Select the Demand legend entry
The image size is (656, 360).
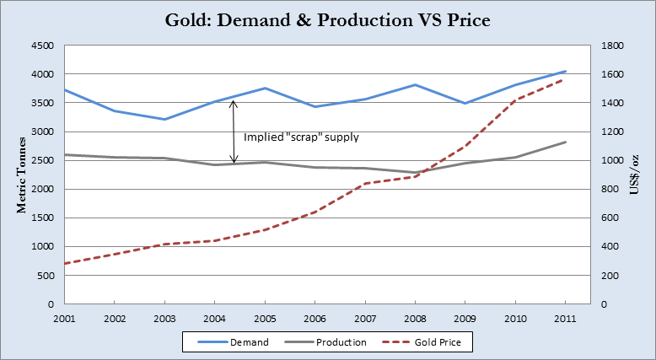coord(232,342)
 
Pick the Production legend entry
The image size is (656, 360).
coord(331,342)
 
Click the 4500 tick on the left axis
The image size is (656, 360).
coord(41,46)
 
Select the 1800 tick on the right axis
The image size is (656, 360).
coord(610,46)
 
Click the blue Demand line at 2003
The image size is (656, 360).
coord(164,119)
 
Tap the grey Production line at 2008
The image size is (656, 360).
coord(414,173)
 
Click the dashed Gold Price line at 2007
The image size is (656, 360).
coord(364,184)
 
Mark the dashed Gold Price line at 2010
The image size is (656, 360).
coord(514,100)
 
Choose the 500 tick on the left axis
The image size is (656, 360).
coord(45,275)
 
